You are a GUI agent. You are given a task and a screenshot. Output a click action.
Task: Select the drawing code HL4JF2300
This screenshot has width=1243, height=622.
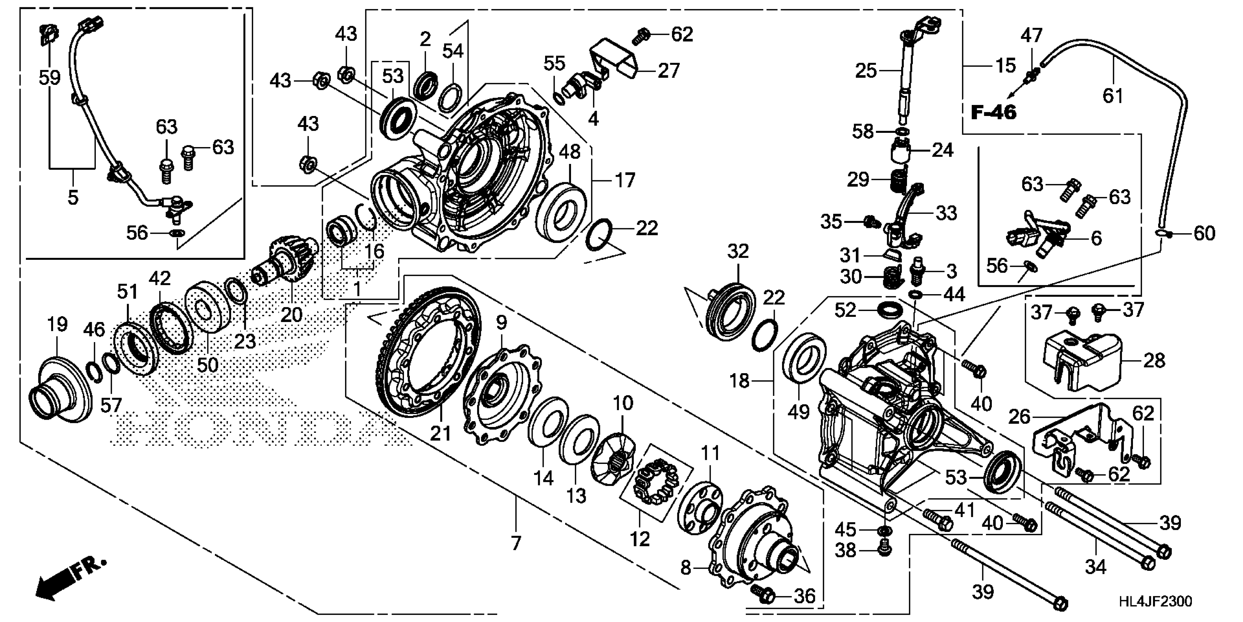pos(1155,601)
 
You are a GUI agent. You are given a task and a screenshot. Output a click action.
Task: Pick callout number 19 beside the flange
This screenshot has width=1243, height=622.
pos(57,325)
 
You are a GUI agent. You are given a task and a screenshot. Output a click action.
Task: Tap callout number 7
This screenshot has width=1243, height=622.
pos(516,543)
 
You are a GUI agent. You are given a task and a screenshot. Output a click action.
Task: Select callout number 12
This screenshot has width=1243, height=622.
pos(639,539)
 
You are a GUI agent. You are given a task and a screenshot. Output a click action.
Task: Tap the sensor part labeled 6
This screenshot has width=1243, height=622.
pos(1038,237)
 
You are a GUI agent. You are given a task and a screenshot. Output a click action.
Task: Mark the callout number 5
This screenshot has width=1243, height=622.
pos(73,197)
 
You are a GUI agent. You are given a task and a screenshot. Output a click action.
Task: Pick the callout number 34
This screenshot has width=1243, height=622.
pos(1095,566)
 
